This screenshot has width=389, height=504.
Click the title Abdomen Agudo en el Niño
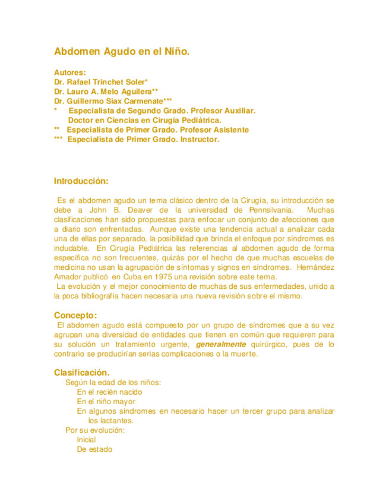(122, 52)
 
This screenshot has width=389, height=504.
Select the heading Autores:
(70, 72)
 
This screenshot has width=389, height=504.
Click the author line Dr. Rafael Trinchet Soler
(100, 81)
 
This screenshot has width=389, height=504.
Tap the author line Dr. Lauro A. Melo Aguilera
(105, 92)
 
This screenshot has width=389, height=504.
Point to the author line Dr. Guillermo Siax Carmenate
(113, 101)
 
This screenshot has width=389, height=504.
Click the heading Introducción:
(81, 181)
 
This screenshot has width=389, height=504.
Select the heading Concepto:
(75, 315)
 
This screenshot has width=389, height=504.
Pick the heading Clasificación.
(82, 372)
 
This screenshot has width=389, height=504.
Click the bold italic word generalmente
(221, 344)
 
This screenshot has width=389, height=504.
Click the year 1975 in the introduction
(164, 276)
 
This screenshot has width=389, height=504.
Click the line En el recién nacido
(109, 392)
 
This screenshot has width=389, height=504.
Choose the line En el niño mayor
(106, 401)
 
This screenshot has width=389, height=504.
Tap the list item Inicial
(86, 439)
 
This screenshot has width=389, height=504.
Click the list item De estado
(94, 449)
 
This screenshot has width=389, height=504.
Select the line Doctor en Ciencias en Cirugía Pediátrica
(145, 120)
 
